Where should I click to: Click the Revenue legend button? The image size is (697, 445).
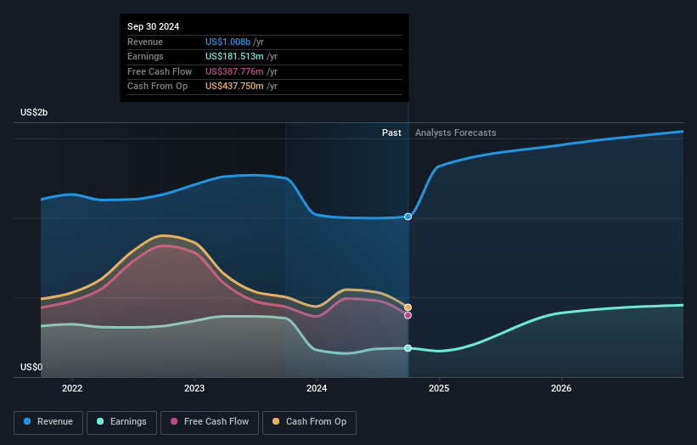click(48, 422)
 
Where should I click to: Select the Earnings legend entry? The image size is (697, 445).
click(121, 422)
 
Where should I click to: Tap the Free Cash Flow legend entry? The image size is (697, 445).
click(210, 422)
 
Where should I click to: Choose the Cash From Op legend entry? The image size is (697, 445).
click(309, 422)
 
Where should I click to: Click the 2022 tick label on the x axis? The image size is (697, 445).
click(72, 389)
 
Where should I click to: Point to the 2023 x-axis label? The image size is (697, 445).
click(194, 389)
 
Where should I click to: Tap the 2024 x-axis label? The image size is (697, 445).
click(317, 389)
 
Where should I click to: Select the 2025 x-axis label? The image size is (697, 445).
click(439, 389)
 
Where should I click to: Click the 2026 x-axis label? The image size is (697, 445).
click(561, 389)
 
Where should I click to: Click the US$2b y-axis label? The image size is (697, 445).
click(34, 112)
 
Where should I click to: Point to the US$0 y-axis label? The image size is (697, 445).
click(31, 367)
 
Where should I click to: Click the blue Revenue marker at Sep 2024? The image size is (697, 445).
click(408, 217)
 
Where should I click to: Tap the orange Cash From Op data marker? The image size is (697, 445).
click(408, 307)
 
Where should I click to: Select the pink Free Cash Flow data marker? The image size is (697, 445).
click(408, 316)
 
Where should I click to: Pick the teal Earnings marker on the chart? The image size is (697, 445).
click(408, 348)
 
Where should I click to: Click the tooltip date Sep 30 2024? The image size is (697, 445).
click(154, 26)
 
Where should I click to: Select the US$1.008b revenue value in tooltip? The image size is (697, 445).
click(228, 42)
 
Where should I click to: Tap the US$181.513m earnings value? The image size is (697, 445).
click(234, 56)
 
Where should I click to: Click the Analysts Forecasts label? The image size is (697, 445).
click(456, 133)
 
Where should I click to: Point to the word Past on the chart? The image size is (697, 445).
click(391, 133)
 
